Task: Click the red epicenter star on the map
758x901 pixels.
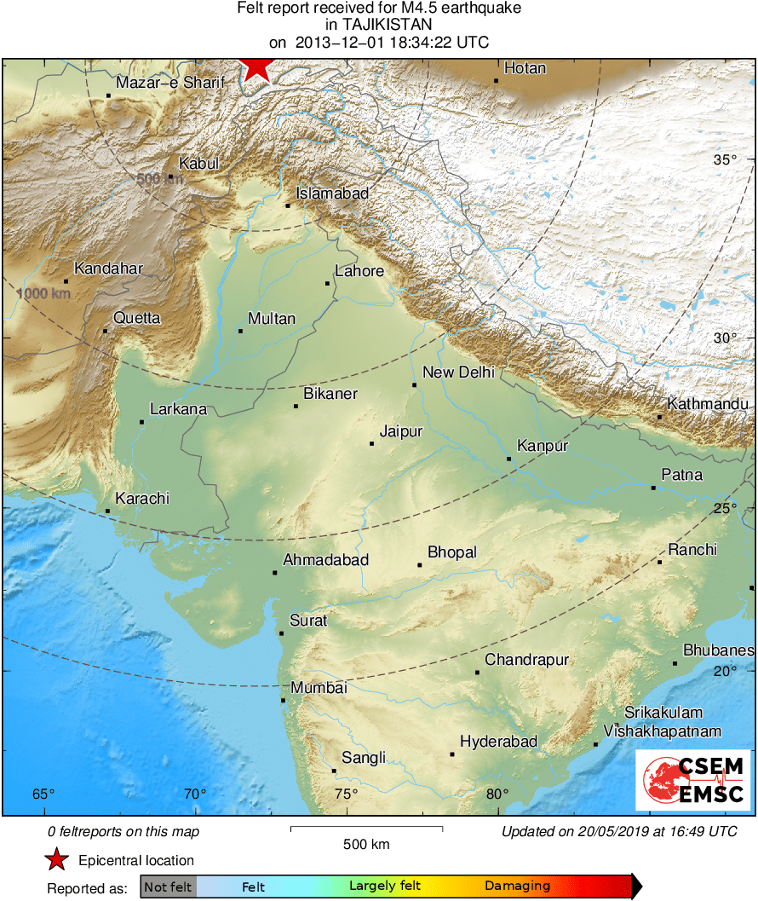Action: [x=256, y=68]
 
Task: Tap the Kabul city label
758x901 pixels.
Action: [x=198, y=164]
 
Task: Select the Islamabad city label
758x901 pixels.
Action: [x=332, y=193]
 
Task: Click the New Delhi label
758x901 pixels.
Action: [x=458, y=372]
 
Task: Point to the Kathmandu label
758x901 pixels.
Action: [x=708, y=404]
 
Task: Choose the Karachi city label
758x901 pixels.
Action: [x=142, y=498]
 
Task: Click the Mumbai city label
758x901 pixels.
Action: [x=319, y=688]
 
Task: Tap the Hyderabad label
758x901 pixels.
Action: [x=498, y=742]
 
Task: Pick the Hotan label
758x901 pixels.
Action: [x=525, y=68]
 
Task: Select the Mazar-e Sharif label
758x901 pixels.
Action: [x=170, y=83]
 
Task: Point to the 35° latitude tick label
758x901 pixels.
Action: [x=725, y=160]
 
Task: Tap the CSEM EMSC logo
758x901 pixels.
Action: [x=692, y=780]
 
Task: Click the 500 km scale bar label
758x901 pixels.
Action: [x=366, y=845]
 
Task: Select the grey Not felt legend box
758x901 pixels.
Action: [x=169, y=887]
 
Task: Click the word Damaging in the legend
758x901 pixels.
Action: [x=518, y=887]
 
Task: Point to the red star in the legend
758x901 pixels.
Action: [x=56, y=860]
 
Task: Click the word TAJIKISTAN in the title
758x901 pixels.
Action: [x=379, y=26]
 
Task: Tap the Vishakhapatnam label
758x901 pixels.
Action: [x=662, y=731]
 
